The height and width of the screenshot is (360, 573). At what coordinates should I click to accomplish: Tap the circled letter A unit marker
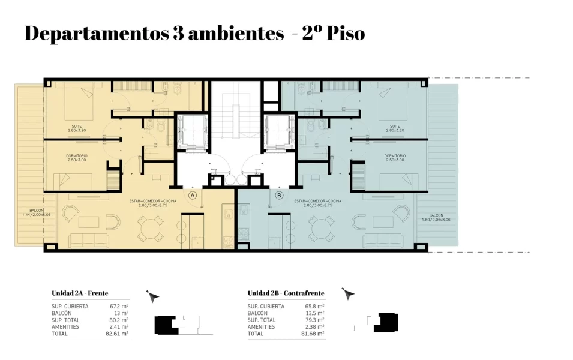click(x=193, y=195)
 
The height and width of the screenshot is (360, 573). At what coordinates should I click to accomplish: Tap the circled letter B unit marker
click(x=279, y=195)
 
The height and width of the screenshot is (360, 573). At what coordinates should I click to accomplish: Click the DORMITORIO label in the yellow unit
click(x=77, y=158)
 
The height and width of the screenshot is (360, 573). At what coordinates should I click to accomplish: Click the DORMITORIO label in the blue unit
click(x=395, y=158)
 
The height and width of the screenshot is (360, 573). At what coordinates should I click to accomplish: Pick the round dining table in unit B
click(x=322, y=227)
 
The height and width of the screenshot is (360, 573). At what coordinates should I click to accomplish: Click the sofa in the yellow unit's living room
click(x=89, y=241)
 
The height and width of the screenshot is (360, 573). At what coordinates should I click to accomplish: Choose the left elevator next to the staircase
click(x=191, y=132)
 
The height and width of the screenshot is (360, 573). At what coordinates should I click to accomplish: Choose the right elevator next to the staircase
click(x=280, y=132)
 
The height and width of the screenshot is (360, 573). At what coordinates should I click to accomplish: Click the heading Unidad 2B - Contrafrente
click(x=286, y=293)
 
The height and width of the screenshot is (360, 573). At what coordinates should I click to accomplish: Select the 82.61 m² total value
click(x=117, y=333)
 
